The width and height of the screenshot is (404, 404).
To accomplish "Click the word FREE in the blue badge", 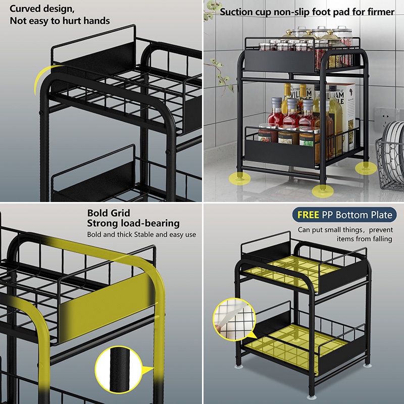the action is tap(308, 215).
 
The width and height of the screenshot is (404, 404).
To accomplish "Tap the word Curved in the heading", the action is tap(25, 9).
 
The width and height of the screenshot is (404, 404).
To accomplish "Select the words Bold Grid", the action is tap(109, 213).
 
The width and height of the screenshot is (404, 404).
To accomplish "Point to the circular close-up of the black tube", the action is tap(119, 369).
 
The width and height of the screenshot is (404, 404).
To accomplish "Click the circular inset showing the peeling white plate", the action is tap(234, 319).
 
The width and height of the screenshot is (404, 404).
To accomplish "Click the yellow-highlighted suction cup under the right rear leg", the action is tap(366, 168).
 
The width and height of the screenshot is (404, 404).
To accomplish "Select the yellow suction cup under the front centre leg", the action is tap(323, 191).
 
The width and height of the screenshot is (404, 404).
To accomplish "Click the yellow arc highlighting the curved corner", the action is tap(41, 77).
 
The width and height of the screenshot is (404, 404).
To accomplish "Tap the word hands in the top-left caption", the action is tap(96, 21).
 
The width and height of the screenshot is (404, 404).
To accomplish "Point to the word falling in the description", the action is tap(382, 239).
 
